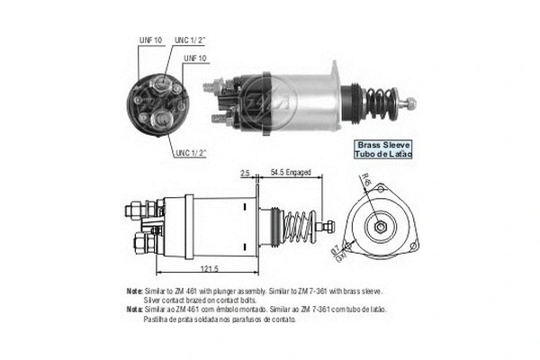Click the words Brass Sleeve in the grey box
(384, 144)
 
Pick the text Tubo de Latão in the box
(384, 154)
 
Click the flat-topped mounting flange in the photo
(333, 90)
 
